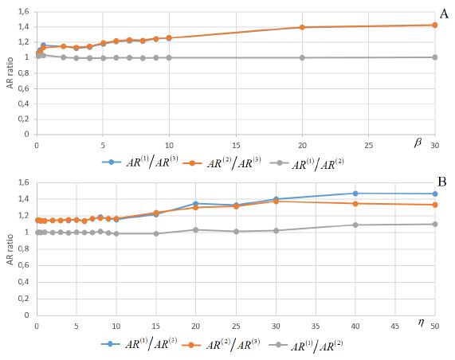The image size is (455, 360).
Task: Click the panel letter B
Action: tap(441, 182)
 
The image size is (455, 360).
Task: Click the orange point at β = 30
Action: tap(435, 25)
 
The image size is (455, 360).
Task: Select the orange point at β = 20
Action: tap(302, 27)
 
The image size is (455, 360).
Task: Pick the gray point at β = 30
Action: tap(435, 57)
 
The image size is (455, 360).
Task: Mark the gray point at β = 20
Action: tap(302, 57)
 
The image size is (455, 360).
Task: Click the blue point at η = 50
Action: tap(435, 194)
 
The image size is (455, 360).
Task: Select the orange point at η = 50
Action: tap(435, 205)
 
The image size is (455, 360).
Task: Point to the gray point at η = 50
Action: tap(435, 224)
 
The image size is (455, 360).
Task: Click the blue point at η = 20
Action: tap(196, 204)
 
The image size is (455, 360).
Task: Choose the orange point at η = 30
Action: tap(276, 202)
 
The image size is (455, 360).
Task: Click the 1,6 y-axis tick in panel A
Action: tap(22, 11)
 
